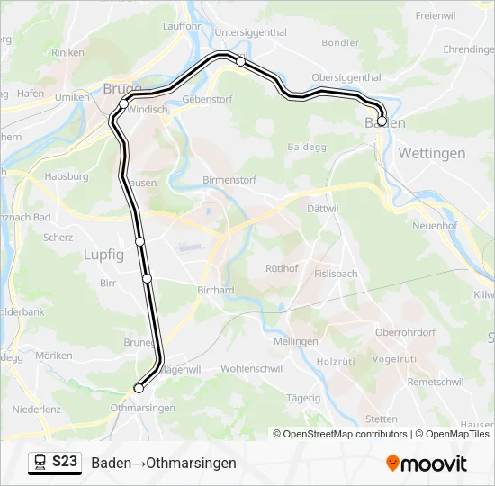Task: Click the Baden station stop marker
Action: pos(382,121)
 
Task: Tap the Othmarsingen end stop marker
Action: pos(139,388)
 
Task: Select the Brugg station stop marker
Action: pos(124,104)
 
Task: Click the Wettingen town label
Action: pos(432,153)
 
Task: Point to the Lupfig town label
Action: pos(103,255)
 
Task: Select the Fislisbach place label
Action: pos(336,273)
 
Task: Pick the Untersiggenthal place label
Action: pos(251,32)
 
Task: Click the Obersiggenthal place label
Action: pos(346,77)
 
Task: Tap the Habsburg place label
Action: pos(67,177)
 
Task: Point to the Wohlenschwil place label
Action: pos(252,369)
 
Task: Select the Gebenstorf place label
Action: pos(202,99)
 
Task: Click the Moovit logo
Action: pos(427,463)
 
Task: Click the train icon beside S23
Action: pos(40,463)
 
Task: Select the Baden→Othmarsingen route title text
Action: pos(163,463)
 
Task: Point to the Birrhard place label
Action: pos(216,290)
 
